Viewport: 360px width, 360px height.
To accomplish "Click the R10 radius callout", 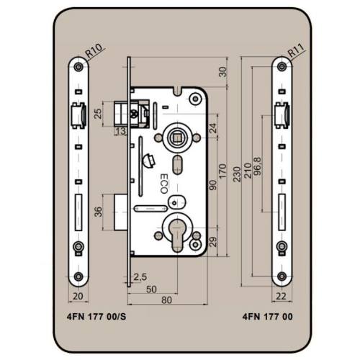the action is (94, 51).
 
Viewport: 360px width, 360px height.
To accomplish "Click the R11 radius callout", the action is (297, 51).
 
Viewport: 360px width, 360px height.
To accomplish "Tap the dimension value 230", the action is (237, 174).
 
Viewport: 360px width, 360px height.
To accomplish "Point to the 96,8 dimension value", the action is (257, 167).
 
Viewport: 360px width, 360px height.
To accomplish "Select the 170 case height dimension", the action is (222, 171).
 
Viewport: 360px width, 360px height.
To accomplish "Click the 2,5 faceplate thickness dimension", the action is (140, 277).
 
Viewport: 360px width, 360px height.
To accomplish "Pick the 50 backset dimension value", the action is (151, 289).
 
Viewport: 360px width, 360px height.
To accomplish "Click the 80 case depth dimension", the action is (167, 300).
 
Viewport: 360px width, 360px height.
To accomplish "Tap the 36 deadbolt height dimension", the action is (98, 212).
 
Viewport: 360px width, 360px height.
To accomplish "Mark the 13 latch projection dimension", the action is (121, 131).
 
